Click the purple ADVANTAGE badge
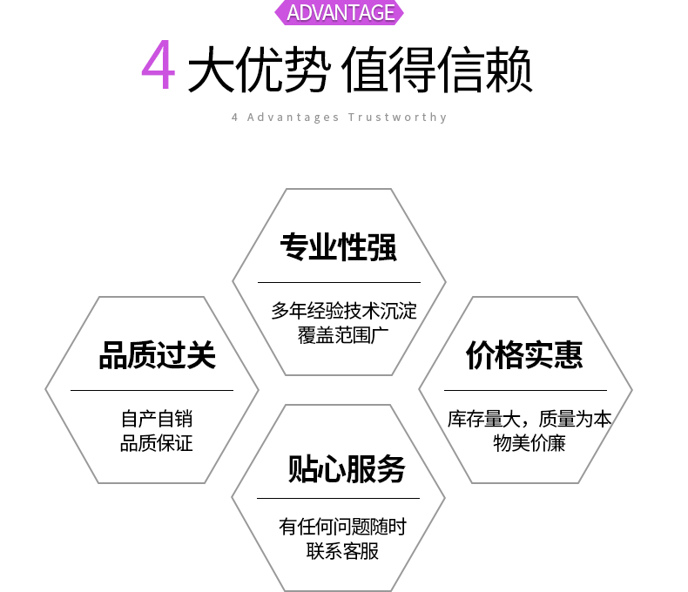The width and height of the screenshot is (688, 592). point(341,12)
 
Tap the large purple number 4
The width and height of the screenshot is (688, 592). point(159,66)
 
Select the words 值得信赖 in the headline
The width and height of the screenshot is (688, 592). point(437,69)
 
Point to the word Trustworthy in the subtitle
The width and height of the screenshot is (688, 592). point(398,118)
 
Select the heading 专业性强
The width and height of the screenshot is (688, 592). point(339,247)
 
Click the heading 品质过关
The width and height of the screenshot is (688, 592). point(157,355)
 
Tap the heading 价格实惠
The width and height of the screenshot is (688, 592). point(524,355)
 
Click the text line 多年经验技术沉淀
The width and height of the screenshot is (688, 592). point(344,311)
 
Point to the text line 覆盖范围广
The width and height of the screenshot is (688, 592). point(339,335)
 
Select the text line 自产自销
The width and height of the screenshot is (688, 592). point(157,419)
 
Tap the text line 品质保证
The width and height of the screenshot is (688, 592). point(157,443)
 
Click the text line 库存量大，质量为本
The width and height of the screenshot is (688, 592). point(529,419)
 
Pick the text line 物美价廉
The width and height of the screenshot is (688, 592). point(529,443)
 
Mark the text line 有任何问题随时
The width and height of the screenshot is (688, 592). point(342,527)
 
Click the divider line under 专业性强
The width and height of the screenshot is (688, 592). point(339,282)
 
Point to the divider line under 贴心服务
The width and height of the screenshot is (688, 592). point(339,498)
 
